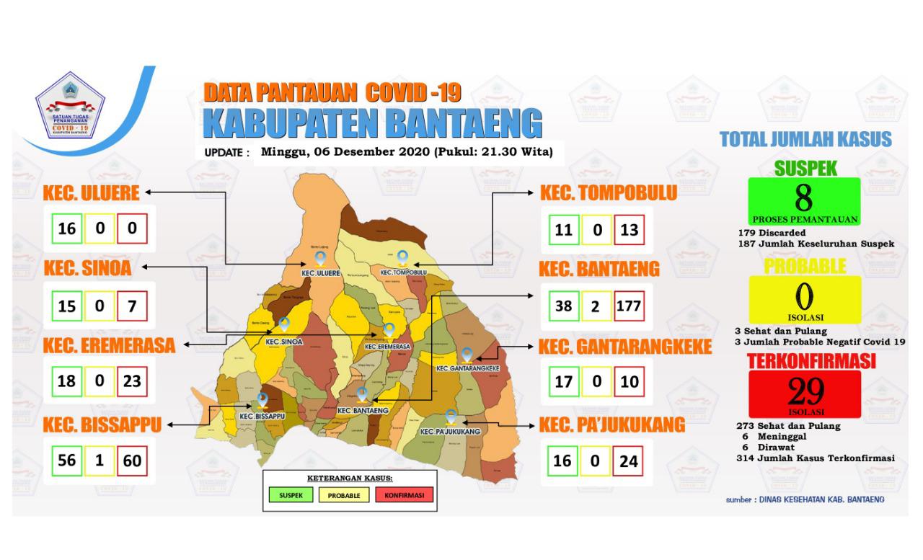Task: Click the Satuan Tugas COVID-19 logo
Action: coord(71,107)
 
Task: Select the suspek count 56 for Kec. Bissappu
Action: coord(66,460)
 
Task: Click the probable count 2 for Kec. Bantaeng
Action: coord(596,306)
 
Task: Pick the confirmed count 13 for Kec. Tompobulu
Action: coord(629,231)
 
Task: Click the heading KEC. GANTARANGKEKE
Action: coord(625,347)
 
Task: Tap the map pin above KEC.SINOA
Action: coord(284,325)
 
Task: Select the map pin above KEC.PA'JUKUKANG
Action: coord(451,416)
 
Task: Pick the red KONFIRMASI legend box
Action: coord(404,495)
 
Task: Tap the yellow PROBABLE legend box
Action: coord(348,495)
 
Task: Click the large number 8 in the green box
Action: coord(804,197)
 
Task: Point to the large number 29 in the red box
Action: coord(805,391)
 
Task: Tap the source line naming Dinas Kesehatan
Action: coord(805,499)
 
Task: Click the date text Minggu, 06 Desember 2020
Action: coord(339,152)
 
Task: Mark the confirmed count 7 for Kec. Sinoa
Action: coord(132,306)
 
